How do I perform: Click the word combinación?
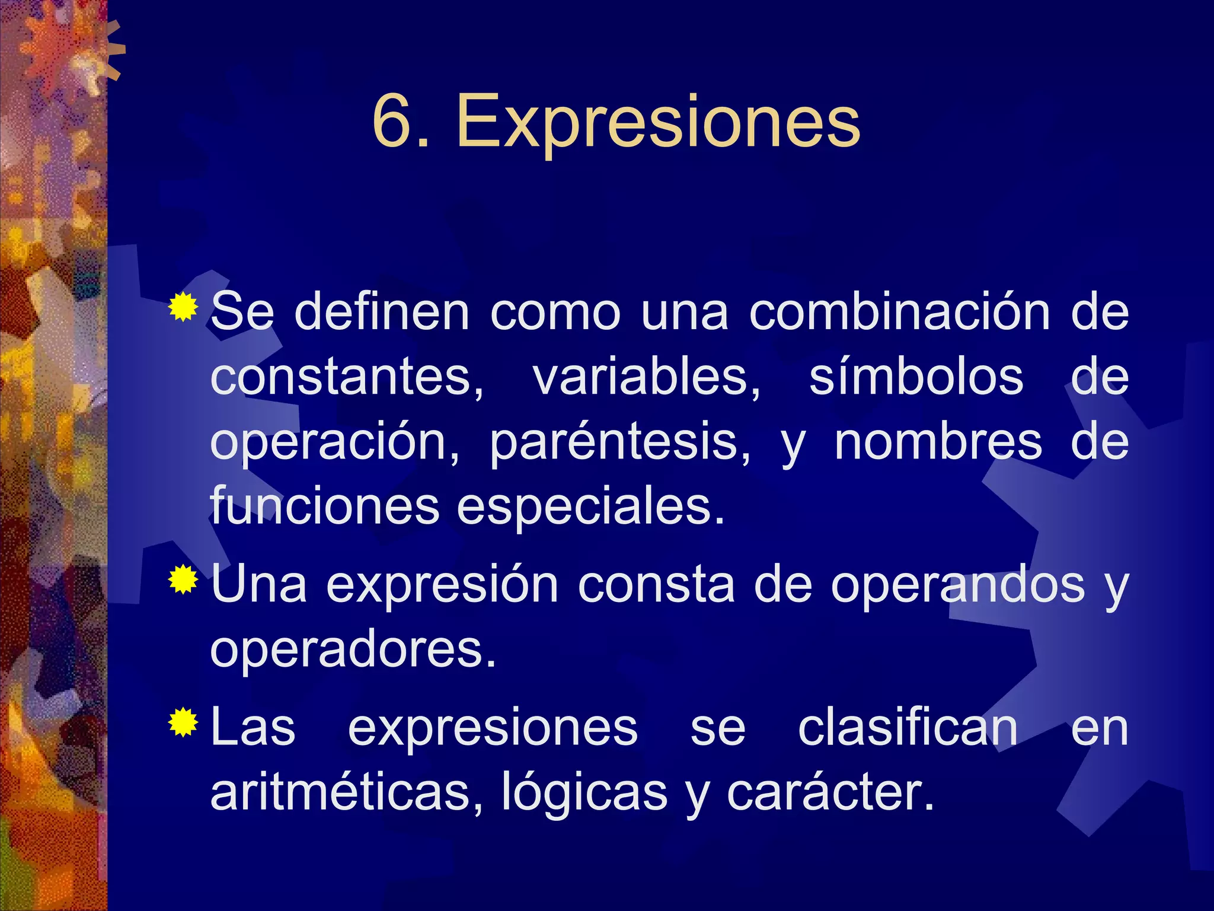pos(900,313)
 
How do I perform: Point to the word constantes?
pos(346,378)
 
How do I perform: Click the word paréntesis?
pos(620,443)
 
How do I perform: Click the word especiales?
pos(590,508)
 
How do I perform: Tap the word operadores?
pos(353,650)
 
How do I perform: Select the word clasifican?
pos(908,728)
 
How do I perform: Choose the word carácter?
pos(830,793)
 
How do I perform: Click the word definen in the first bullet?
pos(382,313)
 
